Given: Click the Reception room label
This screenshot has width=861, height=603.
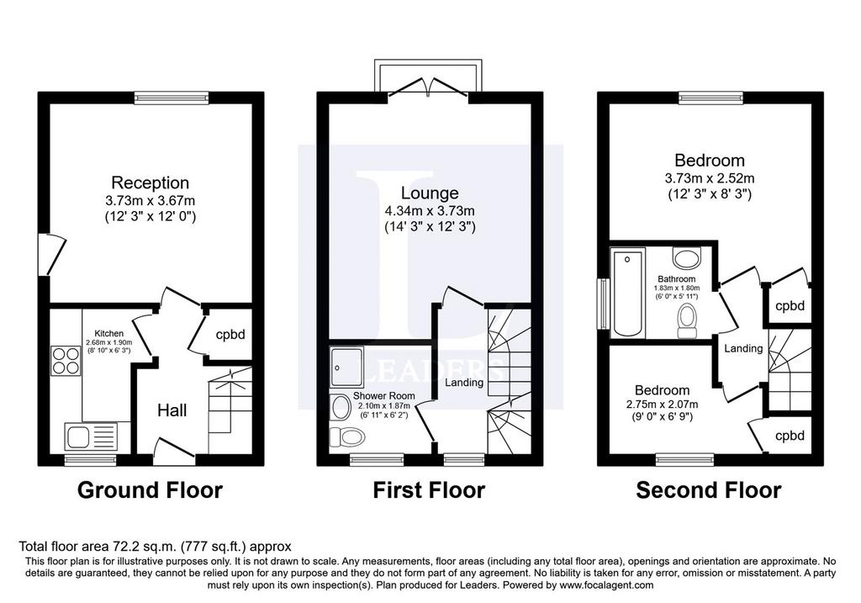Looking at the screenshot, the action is pyautogui.click(x=150, y=182).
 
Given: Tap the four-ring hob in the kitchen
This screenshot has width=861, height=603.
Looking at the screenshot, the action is pyautogui.click(x=66, y=361).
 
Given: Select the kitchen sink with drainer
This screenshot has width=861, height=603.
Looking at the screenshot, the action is pyautogui.click(x=91, y=437).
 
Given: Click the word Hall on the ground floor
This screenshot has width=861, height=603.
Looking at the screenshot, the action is pyautogui.click(x=172, y=410).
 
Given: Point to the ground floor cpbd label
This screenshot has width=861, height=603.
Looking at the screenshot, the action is pyautogui.click(x=230, y=335).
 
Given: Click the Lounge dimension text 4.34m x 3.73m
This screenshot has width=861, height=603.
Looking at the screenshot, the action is pyautogui.click(x=430, y=210).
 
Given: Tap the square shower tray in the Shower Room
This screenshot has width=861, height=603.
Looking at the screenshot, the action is pyautogui.click(x=347, y=367).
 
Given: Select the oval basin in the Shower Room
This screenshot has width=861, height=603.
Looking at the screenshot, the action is pyautogui.click(x=341, y=408).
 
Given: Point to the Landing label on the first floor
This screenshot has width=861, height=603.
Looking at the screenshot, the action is pyautogui.click(x=464, y=382).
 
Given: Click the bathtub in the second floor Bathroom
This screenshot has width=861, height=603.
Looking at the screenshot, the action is pyautogui.click(x=628, y=294).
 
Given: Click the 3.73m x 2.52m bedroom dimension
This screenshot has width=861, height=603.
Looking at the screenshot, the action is pyautogui.click(x=710, y=178).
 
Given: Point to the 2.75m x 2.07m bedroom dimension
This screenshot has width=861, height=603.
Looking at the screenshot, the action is pyautogui.click(x=663, y=405).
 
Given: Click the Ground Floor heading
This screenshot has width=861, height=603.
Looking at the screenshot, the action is pyautogui.click(x=150, y=489).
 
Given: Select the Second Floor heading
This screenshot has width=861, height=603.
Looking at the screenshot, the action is pyautogui.click(x=708, y=490).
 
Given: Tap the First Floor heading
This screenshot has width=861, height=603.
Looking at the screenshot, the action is pyautogui.click(x=429, y=489).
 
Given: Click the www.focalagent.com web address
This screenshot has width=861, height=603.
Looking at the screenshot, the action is pyautogui.click(x=606, y=584).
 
